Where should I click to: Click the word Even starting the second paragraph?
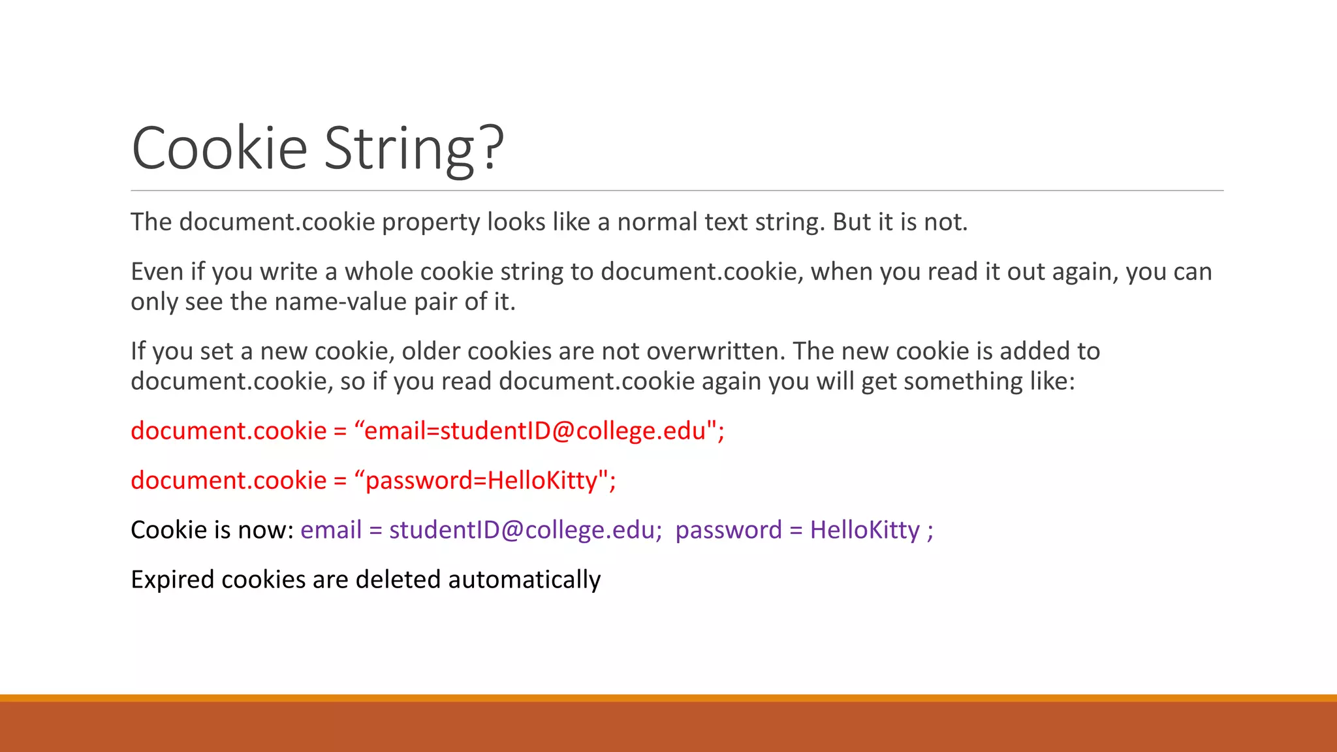157,272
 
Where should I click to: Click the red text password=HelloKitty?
481,480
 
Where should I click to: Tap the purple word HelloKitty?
864,530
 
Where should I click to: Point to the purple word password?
728,530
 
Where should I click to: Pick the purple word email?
330,530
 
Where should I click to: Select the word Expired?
172,580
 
